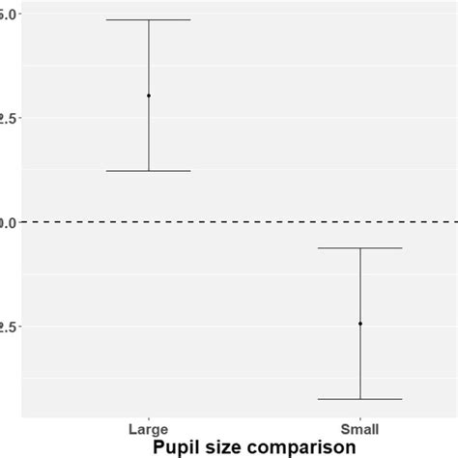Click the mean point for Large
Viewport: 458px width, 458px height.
(x=149, y=96)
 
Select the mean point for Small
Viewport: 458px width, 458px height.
(x=360, y=324)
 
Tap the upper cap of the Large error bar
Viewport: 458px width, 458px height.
(x=149, y=20)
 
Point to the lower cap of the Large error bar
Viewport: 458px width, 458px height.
(x=149, y=171)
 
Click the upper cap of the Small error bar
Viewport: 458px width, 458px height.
(x=360, y=248)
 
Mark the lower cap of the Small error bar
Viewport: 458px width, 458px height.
(x=360, y=399)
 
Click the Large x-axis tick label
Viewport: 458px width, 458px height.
(x=149, y=428)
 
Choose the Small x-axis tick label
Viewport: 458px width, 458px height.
(x=360, y=428)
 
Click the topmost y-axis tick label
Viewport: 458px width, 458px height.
(x=7, y=14)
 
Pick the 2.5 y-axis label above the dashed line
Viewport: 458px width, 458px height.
(x=7, y=118)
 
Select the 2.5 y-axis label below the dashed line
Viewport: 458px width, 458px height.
(x=7, y=327)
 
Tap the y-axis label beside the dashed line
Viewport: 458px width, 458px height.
(x=7, y=222)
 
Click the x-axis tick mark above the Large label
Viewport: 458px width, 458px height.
(x=149, y=417)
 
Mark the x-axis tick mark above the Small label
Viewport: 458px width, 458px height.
(x=360, y=417)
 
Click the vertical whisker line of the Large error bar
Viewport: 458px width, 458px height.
(x=149, y=135)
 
